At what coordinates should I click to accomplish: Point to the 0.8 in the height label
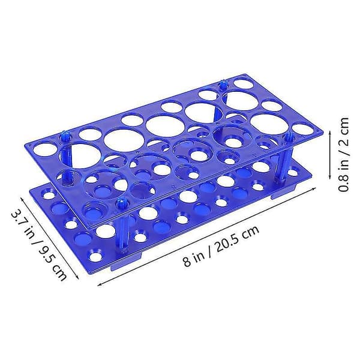coord(343,181)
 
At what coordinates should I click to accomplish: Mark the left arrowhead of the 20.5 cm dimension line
coord(100,285)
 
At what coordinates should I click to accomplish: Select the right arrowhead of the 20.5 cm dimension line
coord(314,189)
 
